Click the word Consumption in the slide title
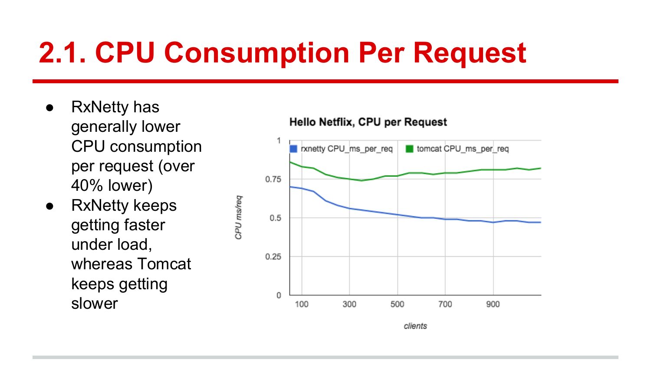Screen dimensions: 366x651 (257, 53)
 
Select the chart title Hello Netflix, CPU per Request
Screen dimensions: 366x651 (368, 122)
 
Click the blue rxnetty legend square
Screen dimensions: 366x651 (293, 149)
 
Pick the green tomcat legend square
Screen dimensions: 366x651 (409, 149)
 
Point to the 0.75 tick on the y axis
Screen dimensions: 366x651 (273, 179)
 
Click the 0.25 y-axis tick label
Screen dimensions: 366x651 (273, 257)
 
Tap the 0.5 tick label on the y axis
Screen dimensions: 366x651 (275, 218)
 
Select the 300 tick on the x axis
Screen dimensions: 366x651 (349, 304)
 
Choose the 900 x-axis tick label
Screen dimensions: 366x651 (493, 304)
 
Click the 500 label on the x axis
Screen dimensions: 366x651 (397, 304)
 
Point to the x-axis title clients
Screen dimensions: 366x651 (415, 326)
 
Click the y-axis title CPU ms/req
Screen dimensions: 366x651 (238, 217)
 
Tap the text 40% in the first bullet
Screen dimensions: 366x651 (87, 186)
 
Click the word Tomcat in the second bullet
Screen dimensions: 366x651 (164, 264)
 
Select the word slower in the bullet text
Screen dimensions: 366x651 (95, 304)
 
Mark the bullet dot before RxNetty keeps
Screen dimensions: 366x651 (50, 206)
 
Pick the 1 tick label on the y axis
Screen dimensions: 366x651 (279, 141)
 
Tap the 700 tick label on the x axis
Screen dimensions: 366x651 (445, 304)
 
